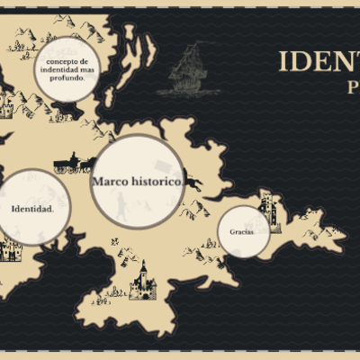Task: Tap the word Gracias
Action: pyautogui.click(x=241, y=231)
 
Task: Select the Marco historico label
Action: pyautogui.click(x=138, y=182)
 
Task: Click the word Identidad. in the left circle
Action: pyautogui.click(x=32, y=209)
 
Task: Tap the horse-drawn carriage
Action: pyautogui.click(x=73, y=165)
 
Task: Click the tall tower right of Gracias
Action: pyautogui.click(x=267, y=212)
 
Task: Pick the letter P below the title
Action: pyautogui.click(x=354, y=87)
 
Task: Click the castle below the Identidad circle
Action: pyautogui.click(x=11, y=247)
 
